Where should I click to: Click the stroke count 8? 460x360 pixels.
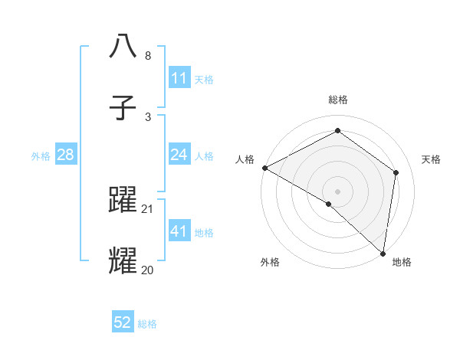[x=148, y=56]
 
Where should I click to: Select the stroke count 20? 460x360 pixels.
[x=148, y=270]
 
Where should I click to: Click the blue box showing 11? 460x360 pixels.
[x=179, y=78]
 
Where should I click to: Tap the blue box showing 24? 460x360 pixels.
[x=179, y=155]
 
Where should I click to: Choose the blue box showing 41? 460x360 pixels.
[x=179, y=231]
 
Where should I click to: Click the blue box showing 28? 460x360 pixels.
[x=65, y=155]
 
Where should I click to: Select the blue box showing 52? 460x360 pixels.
[x=123, y=322]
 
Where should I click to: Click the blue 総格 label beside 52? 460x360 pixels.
[x=147, y=324]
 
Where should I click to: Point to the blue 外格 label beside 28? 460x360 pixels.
[x=41, y=155]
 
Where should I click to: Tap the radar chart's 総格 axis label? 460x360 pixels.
[x=338, y=100]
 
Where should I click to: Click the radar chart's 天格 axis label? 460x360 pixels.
[x=431, y=159]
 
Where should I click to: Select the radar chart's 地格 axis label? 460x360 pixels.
[x=402, y=262]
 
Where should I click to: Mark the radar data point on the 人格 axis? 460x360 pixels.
[x=264, y=168]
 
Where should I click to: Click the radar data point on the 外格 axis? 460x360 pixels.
[x=329, y=204]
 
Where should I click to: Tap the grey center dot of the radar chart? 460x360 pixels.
[x=338, y=191]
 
